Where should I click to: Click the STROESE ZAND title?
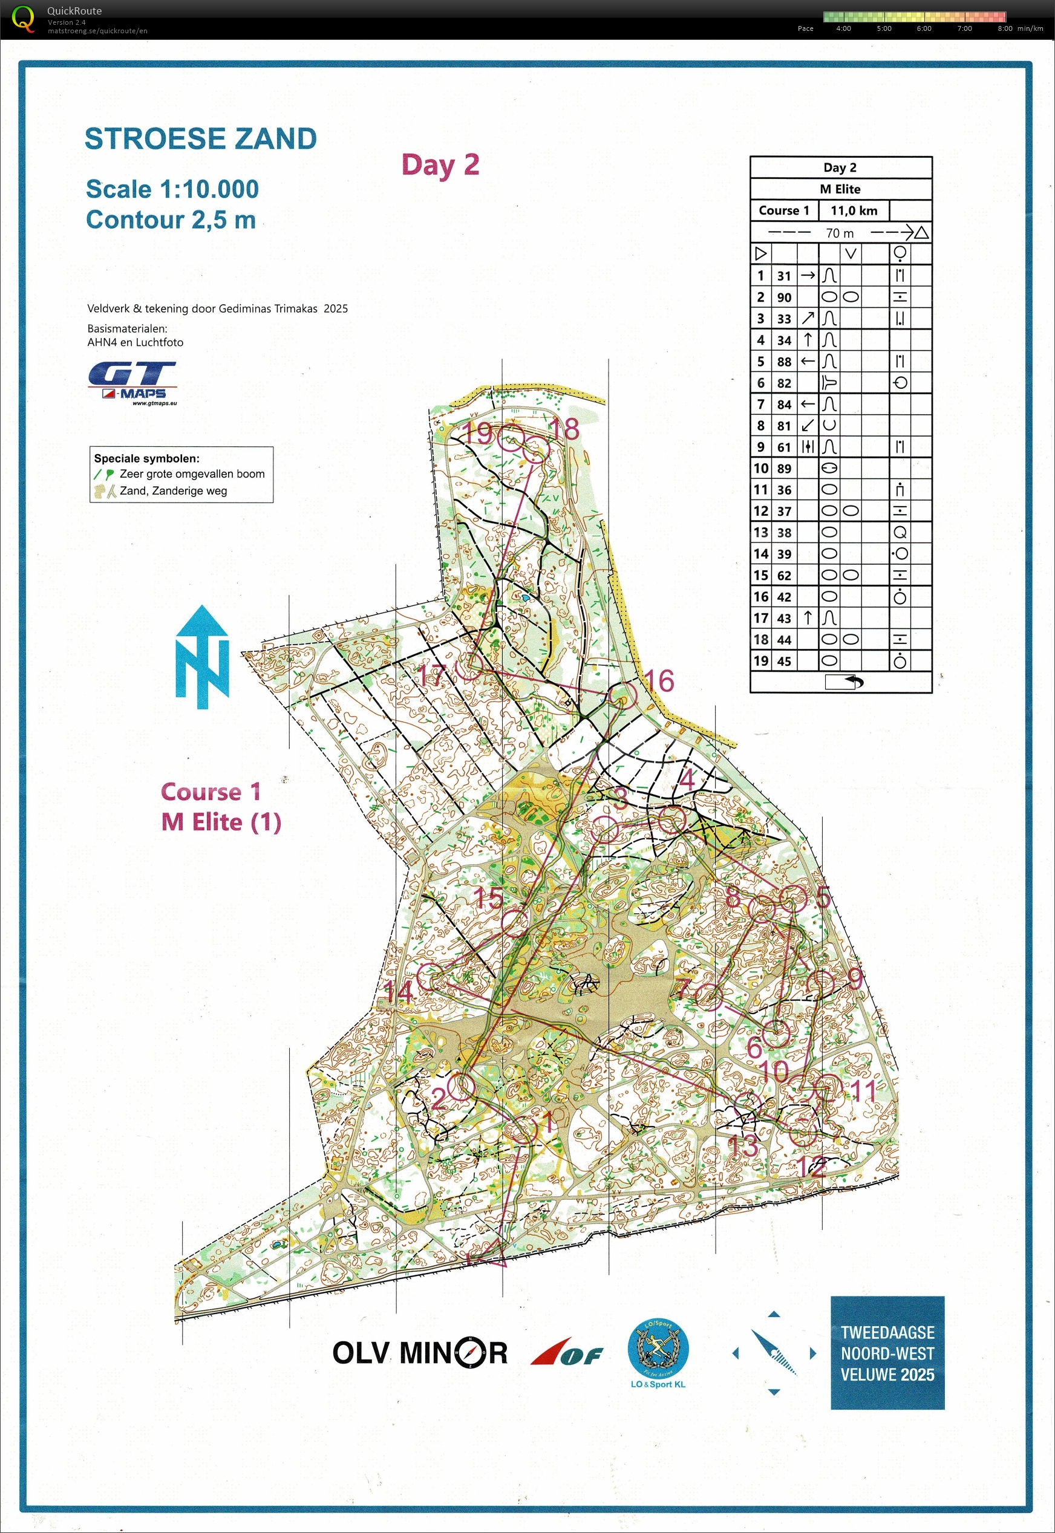coord(200,138)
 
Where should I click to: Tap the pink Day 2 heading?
coord(440,164)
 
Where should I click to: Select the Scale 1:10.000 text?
coord(172,189)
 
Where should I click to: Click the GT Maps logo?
coord(132,382)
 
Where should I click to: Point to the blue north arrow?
coord(201,657)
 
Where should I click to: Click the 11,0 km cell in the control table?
coord(854,211)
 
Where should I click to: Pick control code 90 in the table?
coord(784,298)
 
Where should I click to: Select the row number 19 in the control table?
coord(761,660)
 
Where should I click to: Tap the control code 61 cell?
coord(784,448)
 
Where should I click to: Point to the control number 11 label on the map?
coord(863,1090)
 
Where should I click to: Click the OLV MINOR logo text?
coord(420,1353)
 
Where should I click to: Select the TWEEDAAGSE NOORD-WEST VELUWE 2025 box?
coord(887,1353)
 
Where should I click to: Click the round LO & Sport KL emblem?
coord(658,1348)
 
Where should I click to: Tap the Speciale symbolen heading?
coord(146,458)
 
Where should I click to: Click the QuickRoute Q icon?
coord(23,19)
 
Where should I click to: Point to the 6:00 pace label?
coord(924,28)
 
